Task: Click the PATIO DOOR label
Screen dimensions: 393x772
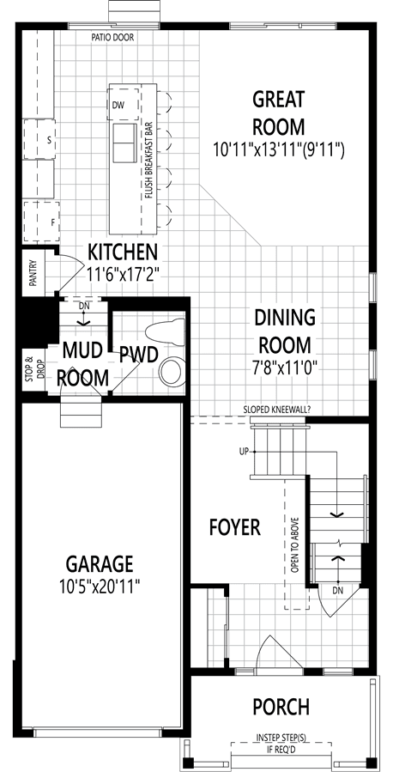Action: tap(112, 38)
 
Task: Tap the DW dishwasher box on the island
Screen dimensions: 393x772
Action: tap(124, 105)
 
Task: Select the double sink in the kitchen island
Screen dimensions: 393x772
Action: tap(124, 143)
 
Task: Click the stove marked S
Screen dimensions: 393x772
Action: tap(39, 139)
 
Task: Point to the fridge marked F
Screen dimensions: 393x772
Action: tap(41, 221)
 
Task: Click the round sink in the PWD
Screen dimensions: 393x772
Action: tap(173, 370)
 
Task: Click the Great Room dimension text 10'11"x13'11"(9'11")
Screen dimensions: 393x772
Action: tap(278, 149)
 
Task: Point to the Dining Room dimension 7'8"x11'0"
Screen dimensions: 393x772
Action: tap(285, 368)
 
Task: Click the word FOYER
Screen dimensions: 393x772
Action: tap(234, 527)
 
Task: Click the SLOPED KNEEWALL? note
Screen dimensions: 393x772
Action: tap(275, 409)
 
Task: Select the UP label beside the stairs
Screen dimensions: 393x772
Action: tap(245, 452)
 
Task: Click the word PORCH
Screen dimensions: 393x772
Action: tap(281, 707)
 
